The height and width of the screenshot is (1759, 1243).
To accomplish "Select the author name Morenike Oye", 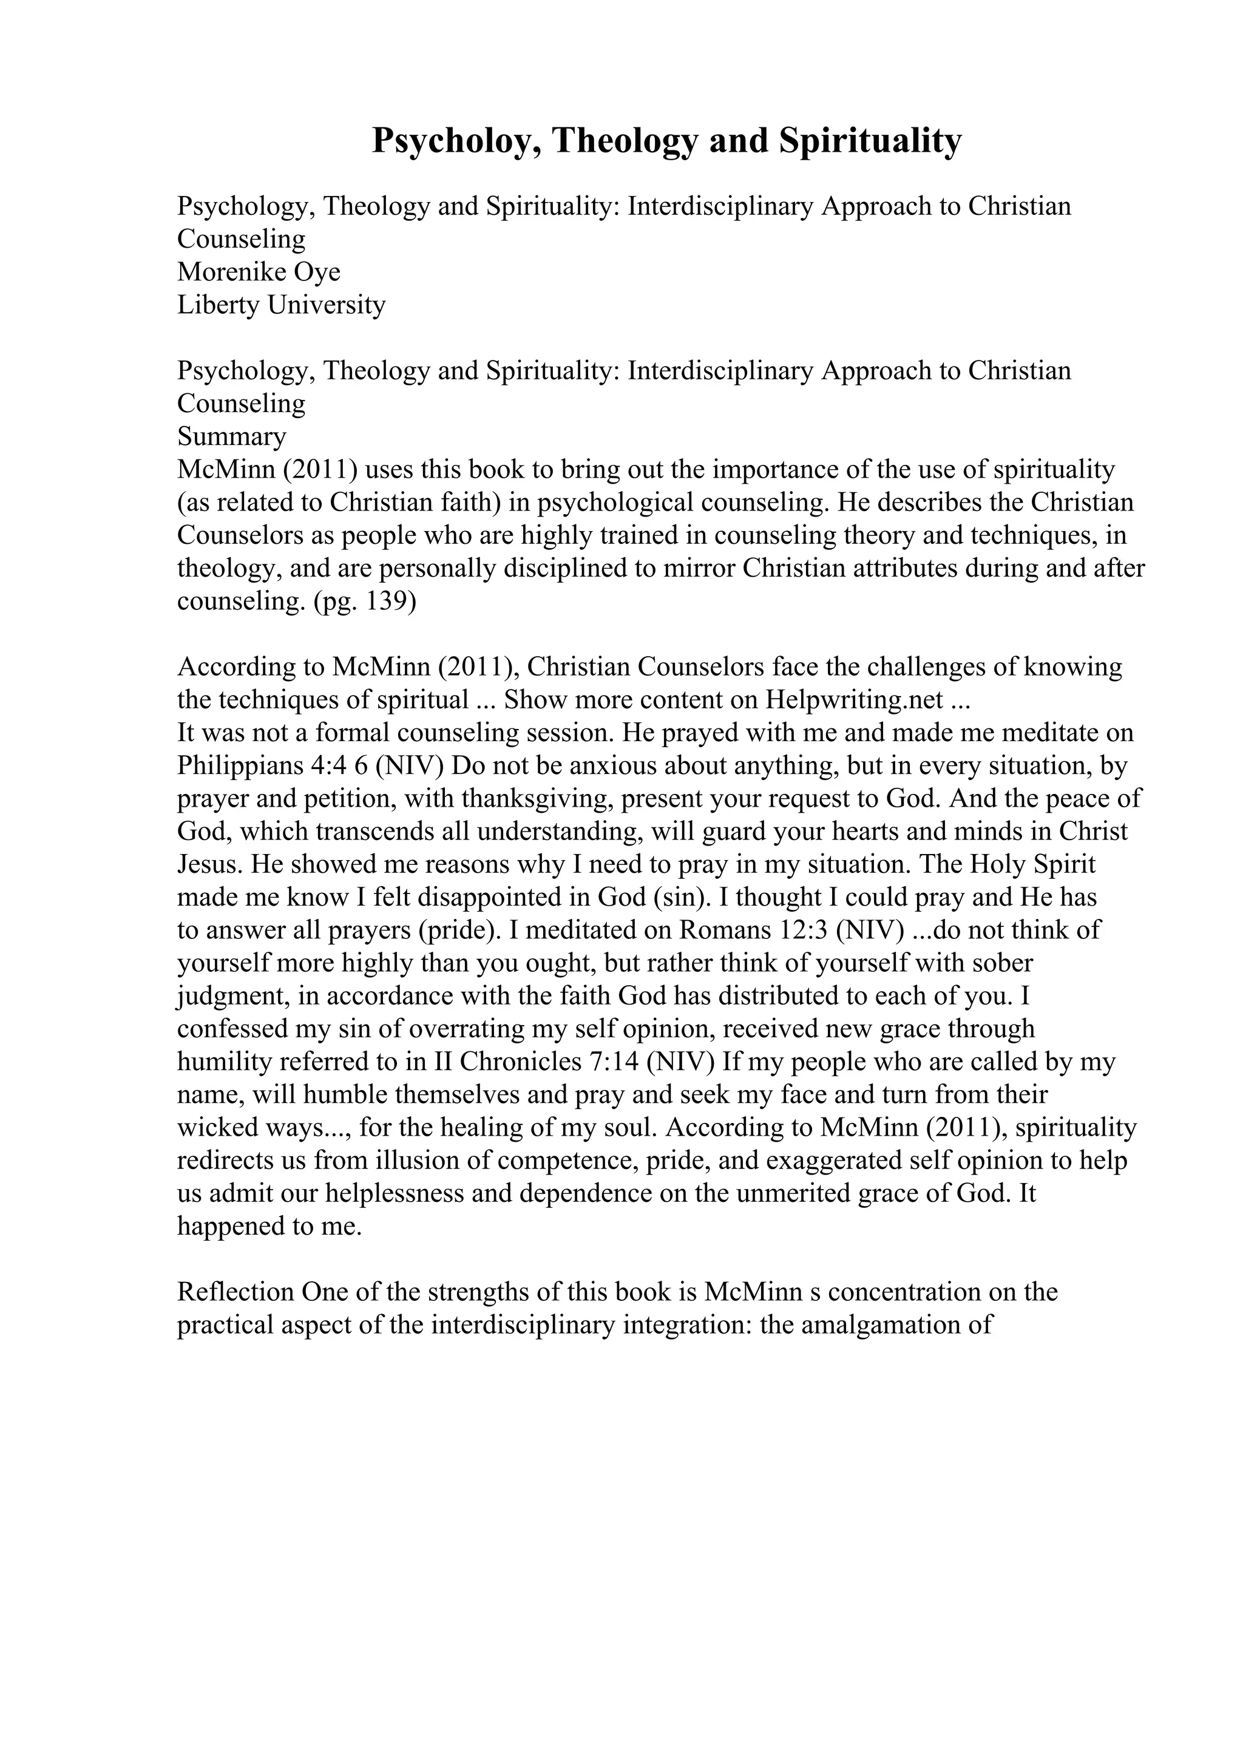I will point(259,272).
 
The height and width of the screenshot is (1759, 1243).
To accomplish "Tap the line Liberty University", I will point(281,305).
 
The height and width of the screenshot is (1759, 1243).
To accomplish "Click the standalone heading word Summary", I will point(231,436).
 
